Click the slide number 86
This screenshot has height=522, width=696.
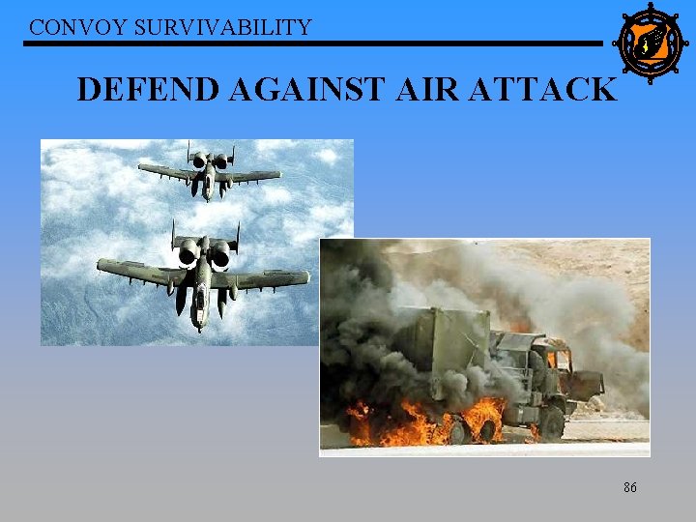(629, 488)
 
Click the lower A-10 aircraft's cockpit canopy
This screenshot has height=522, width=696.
(201, 280)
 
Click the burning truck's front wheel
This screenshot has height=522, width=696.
(551, 422)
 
